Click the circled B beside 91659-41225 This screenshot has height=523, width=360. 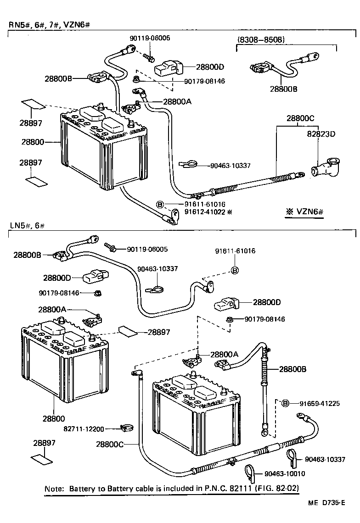tap(285, 403)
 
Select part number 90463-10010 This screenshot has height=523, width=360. tap(285, 473)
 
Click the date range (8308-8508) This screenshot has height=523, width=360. tap(261, 40)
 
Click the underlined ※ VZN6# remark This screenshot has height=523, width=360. tap(304, 212)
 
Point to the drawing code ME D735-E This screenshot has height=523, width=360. tap(326, 503)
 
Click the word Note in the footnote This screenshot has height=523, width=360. tap(53, 489)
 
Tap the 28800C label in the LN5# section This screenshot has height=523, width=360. tap(110, 444)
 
